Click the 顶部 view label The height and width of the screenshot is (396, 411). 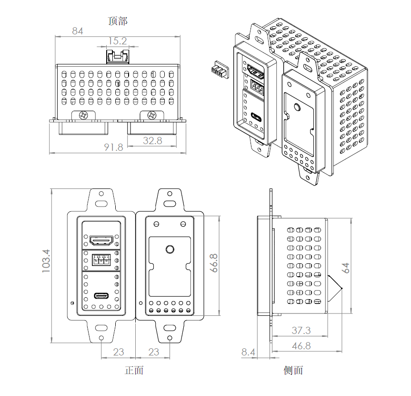click(118, 21)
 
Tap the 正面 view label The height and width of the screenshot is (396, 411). click(134, 370)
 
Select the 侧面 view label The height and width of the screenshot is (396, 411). click(293, 370)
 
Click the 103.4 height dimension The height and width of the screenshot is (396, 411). click(46, 261)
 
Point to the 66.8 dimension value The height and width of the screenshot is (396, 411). click(214, 263)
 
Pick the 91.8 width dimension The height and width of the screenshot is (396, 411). click(113, 147)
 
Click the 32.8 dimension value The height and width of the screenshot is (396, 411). click(152, 141)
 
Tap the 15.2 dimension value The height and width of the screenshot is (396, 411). click(118, 41)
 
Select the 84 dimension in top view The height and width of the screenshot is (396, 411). click(78, 31)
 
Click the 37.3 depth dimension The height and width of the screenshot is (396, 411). click(301, 330)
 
